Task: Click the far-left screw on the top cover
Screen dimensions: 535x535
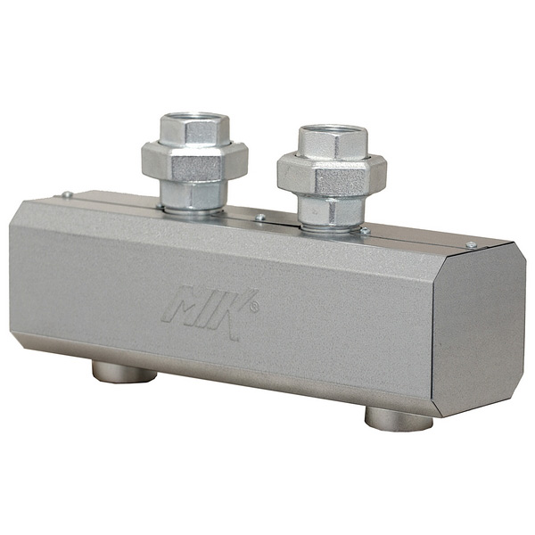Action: tap(67, 194)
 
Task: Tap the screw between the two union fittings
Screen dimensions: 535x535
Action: tap(260, 217)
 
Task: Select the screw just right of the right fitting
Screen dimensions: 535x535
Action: tap(365, 231)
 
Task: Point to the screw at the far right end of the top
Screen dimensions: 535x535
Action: tap(471, 244)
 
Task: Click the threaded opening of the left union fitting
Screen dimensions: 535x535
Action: tap(194, 118)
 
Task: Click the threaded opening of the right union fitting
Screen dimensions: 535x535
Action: tap(333, 130)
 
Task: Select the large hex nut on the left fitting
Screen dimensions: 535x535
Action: tap(194, 162)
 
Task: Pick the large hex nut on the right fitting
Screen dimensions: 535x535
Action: tap(332, 176)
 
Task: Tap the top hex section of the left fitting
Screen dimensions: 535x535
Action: tap(194, 128)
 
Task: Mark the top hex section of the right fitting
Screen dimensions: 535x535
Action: tap(333, 142)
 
